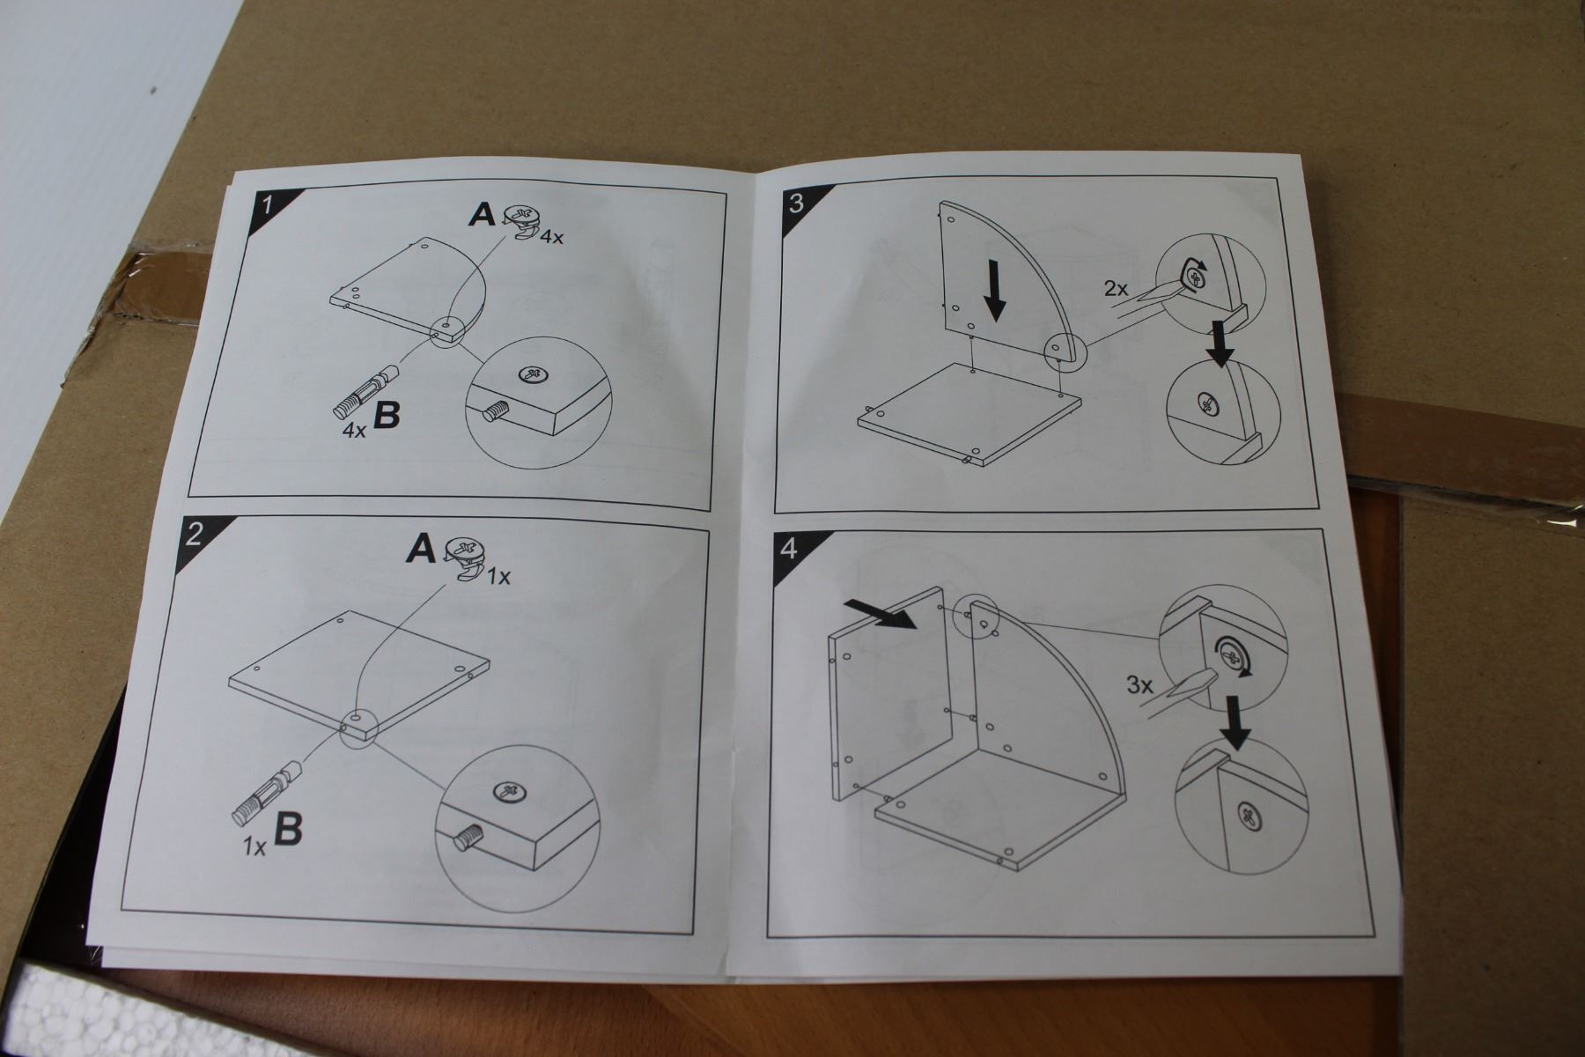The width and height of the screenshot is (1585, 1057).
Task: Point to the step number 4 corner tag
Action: pos(788,550)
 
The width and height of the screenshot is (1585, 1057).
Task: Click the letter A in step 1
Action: pos(482,213)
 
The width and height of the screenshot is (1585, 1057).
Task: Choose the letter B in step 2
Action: pos(288,829)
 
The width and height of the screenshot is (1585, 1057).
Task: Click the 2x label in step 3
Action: pos(1117,288)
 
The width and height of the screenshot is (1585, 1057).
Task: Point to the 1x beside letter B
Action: pos(255,847)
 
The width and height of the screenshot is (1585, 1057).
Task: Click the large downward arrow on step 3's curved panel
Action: pos(995,290)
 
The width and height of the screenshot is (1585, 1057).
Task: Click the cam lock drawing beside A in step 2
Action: pos(468,557)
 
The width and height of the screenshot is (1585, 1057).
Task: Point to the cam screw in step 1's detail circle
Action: pos(533,374)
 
